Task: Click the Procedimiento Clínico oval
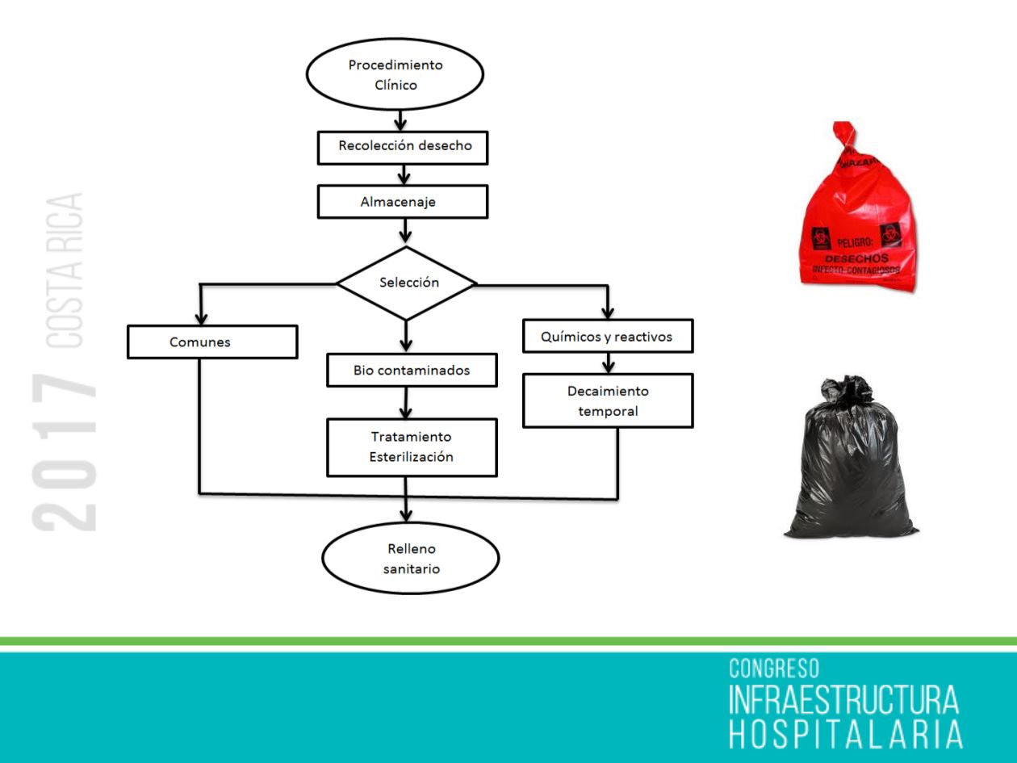click(395, 74)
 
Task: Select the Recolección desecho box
click(403, 147)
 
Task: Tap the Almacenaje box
click(403, 202)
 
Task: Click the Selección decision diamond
click(407, 283)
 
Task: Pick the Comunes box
click(212, 341)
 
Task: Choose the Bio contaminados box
click(412, 371)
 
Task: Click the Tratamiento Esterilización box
click(412, 446)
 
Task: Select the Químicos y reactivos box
click(608, 335)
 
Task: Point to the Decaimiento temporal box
click(608, 400)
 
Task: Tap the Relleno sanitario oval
click(411, 558)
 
